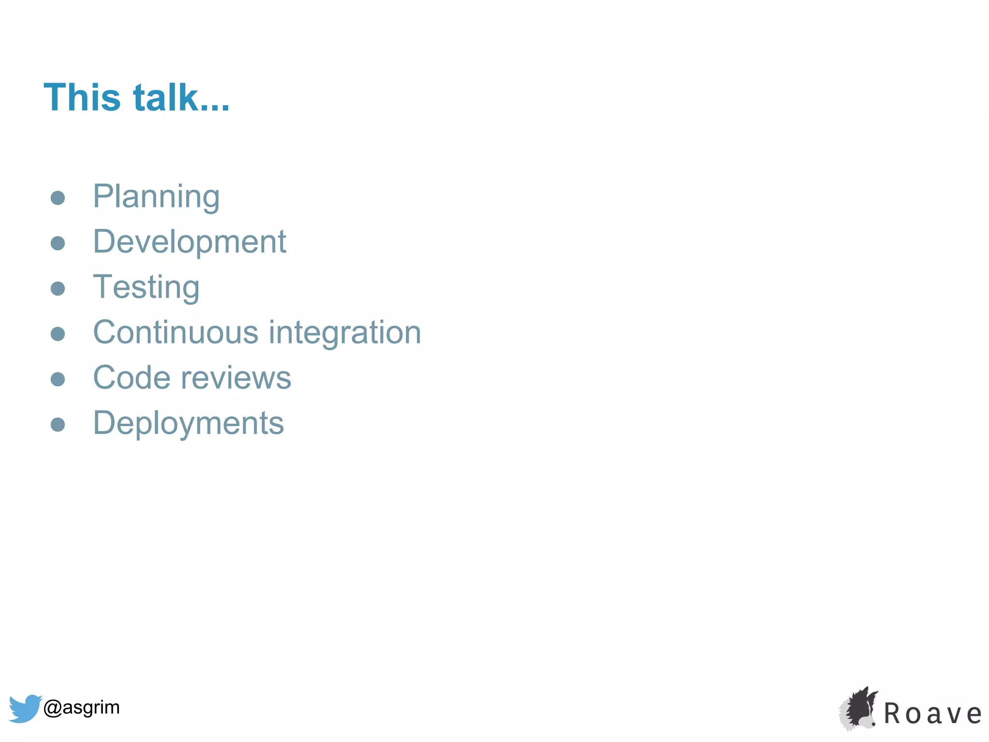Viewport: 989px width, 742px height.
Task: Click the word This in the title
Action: (x=82, y=98)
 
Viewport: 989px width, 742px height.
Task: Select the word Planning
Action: (x=156, y=197)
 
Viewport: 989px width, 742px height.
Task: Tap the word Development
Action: (x=189, y=242)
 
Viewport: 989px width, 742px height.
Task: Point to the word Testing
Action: (x=146, y=287)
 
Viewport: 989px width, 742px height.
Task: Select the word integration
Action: (x=345, y=333)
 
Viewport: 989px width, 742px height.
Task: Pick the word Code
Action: (x=131, y=378)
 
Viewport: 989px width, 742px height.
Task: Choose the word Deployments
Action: (x=188, y=424)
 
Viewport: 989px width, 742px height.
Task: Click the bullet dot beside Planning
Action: (x=58, y=198)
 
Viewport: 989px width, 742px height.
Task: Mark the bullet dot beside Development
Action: (x=58, y=243)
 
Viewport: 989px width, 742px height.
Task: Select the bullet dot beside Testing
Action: (x=58, y=288)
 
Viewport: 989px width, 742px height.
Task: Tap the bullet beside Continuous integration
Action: (x=58, y=334)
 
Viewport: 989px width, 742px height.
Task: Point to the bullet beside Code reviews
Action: (x=58, y=379)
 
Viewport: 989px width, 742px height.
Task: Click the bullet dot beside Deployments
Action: (x=58, y=425)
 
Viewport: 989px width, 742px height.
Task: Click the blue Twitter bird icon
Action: (x=24, y=708)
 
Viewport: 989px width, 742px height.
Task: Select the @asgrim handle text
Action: (x=81, y=708)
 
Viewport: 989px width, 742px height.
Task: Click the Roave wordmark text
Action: (x=932, y=714)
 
